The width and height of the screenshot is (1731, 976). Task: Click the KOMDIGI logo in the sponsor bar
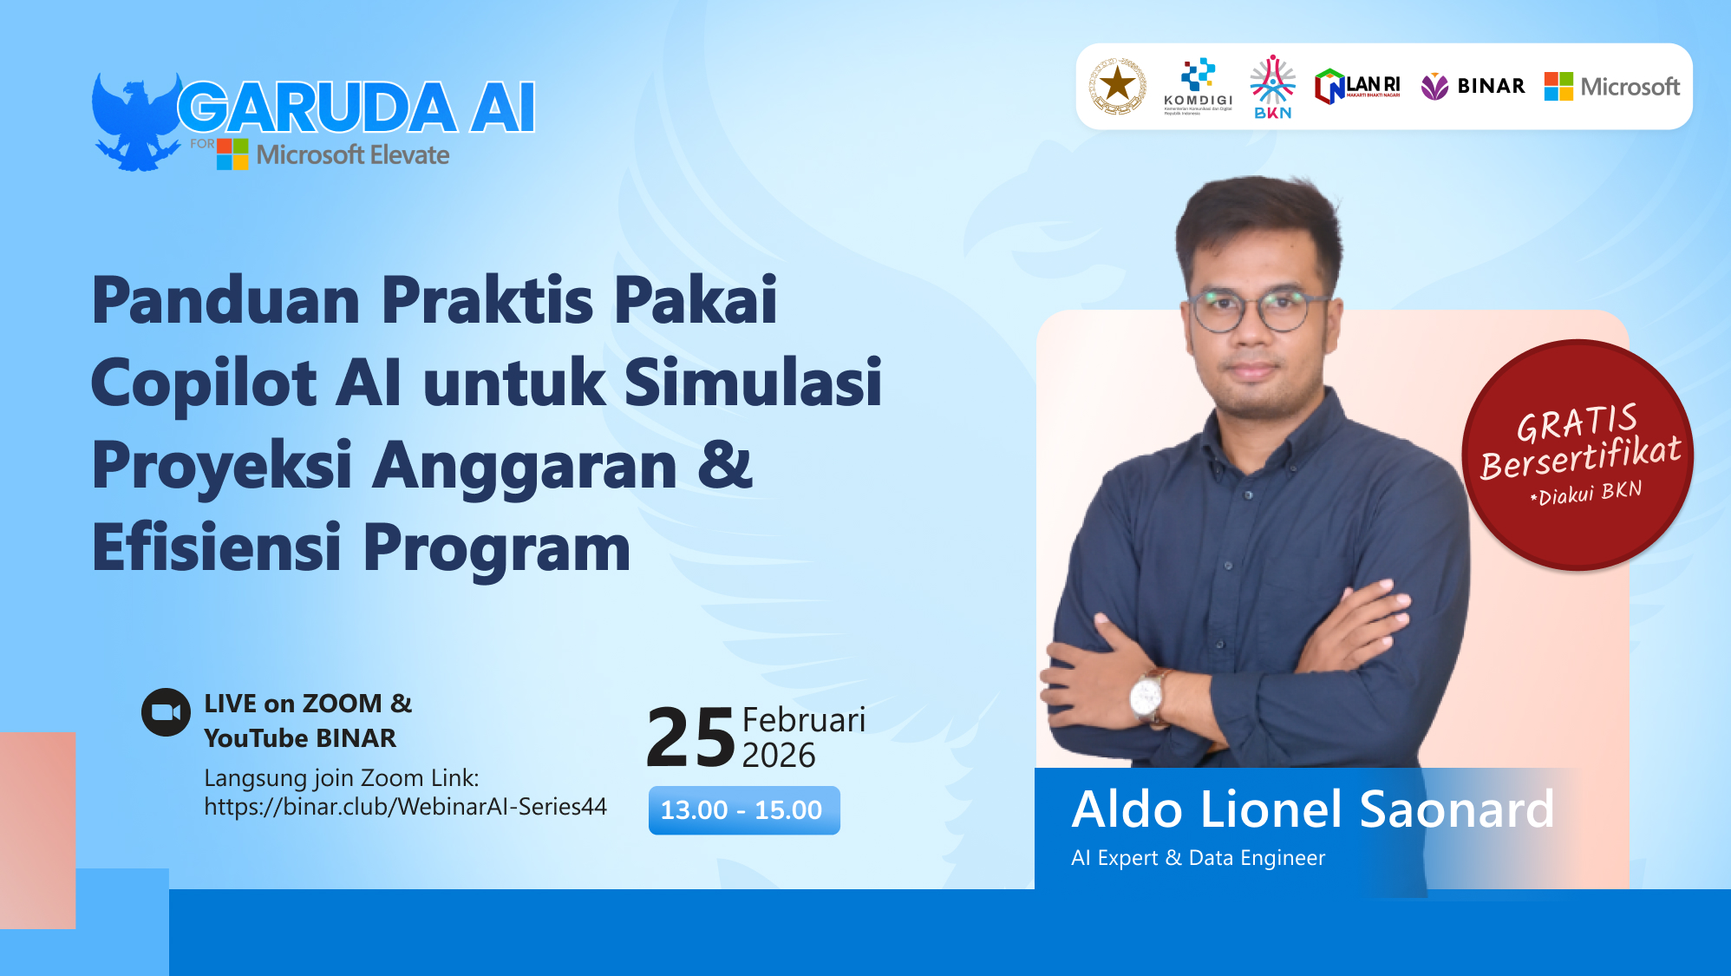coord(1198,86)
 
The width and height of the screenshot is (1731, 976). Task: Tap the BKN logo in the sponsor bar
coord(1272,87)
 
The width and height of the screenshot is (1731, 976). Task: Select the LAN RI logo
coord(1357,87)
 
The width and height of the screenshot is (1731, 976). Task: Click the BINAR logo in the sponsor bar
coord(1473,86)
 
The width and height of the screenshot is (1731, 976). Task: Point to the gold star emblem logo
coord(1117,86)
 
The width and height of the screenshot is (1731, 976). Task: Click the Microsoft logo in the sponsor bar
coord(1612,86)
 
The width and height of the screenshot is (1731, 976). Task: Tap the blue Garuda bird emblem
coord(134,121)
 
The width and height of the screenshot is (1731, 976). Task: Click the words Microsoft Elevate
coord(352,155)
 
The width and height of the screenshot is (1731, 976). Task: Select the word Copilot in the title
coord(204,383)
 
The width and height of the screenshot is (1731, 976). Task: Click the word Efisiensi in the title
coord(217,547)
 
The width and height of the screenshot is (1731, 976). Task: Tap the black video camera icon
coord(166,712)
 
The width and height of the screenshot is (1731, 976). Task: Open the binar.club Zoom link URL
coord(405,807)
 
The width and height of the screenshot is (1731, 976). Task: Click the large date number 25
coord(690,737)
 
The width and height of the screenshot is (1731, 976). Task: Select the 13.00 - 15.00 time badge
coord(743,810)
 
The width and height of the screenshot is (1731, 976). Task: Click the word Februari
coord(803,720)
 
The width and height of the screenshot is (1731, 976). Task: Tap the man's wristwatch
coord(1147,694)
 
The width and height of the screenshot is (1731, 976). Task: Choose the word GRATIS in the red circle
coord(1576,422)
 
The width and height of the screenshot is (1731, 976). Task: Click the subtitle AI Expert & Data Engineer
coord(1198,858)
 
